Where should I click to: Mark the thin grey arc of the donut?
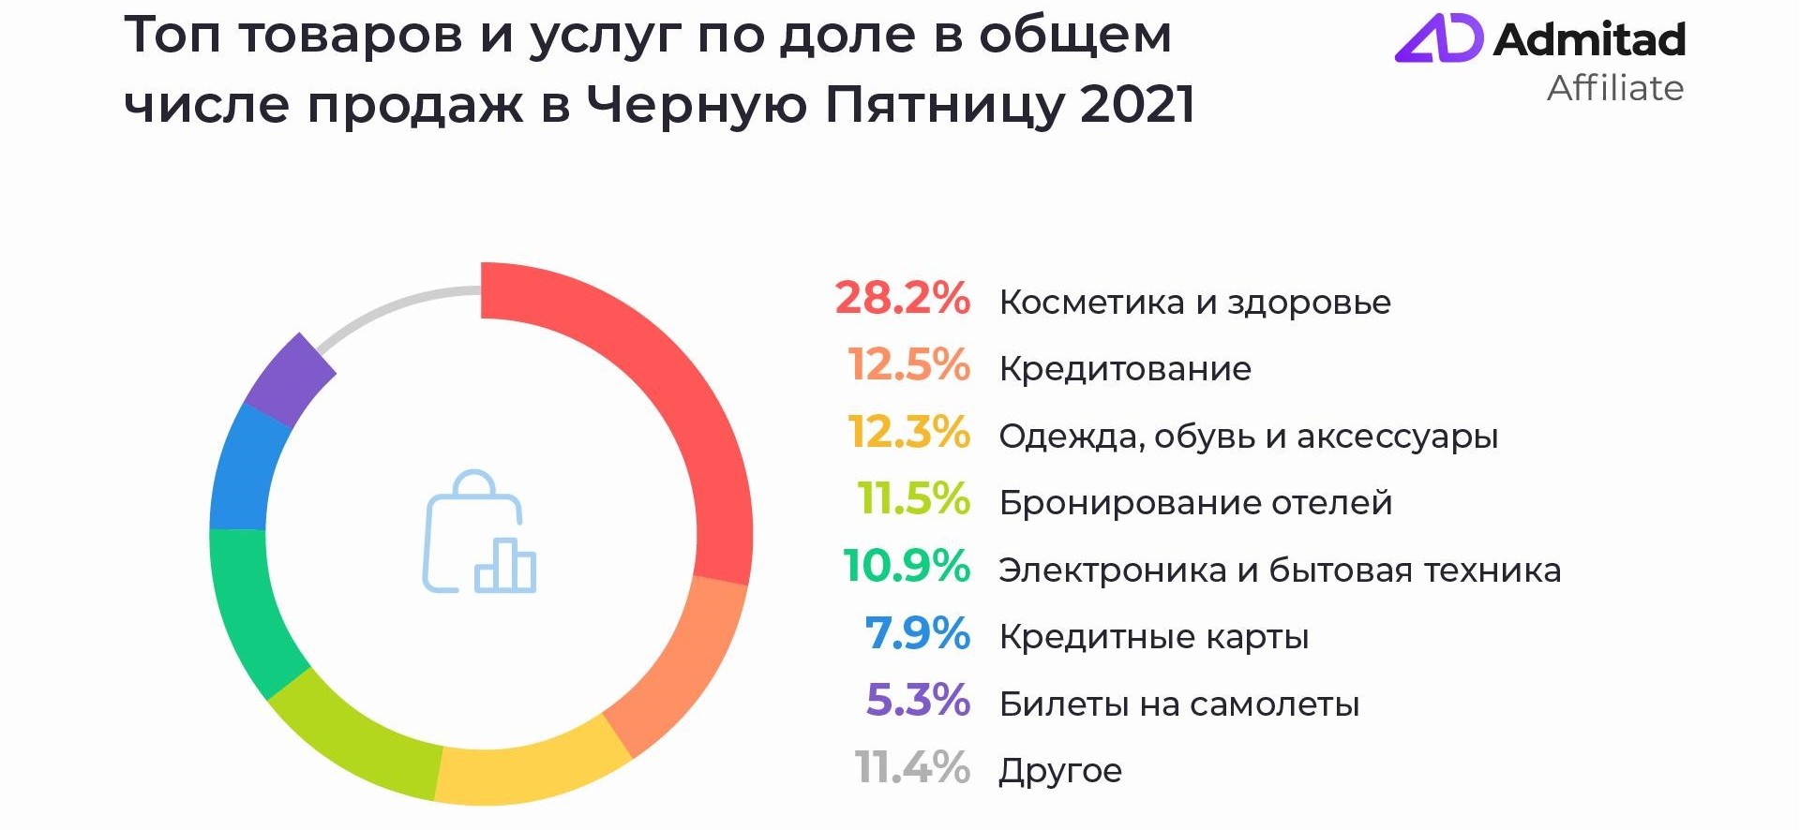click(394, 307)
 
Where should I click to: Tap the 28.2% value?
click(902, 299)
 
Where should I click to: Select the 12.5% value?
click(908, 365)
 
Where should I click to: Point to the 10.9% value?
click(906, 567)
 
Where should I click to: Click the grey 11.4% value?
click(911, 768)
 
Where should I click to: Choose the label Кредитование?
click(1125, 369)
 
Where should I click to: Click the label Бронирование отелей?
click(1195, 503)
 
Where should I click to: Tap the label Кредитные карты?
click(1153, 637)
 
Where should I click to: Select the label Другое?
click(1060, 771)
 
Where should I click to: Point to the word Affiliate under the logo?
click(1614, 88)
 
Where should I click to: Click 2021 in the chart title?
click(1137, 104)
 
